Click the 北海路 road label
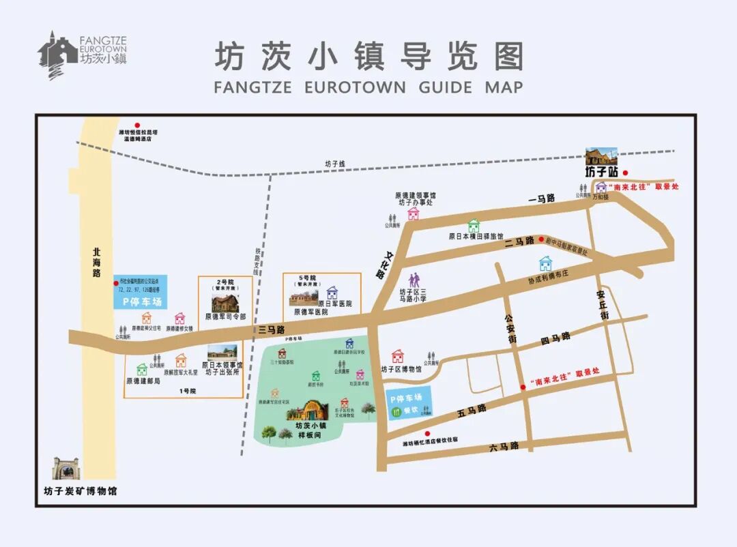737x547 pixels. [96, 262]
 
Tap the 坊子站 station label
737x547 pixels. [600, 172]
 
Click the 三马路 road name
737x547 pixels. [272, 330]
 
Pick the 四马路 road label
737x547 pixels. [554, 338]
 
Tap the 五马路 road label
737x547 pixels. [472, 409]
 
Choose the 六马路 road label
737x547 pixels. [504, 446]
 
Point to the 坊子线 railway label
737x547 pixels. [335, 164]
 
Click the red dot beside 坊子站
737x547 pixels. [624, 173]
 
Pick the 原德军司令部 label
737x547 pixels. [225, 316]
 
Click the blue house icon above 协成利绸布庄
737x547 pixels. [545, 263]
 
